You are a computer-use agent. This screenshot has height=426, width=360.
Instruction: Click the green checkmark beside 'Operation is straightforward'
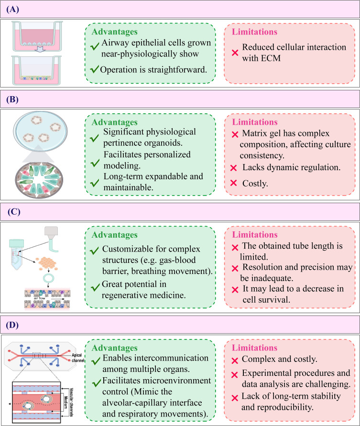tap(95, 70)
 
